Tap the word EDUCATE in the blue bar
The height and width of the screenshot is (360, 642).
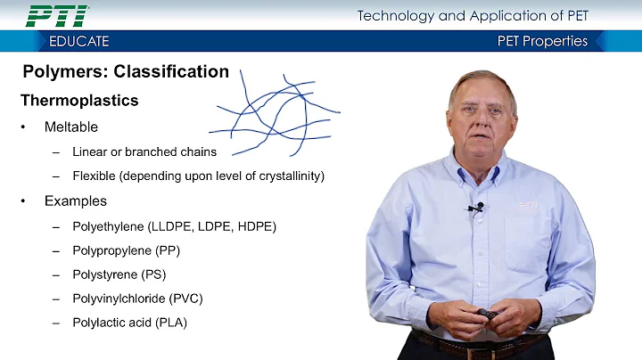pos(79,41)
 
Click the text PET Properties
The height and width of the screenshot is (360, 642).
pos(542,41)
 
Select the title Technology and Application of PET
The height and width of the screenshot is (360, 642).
pos(473,15)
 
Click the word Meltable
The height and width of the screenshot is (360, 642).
pos(71,127)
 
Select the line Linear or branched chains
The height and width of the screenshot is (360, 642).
pos(144,151)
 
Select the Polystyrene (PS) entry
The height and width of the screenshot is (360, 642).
pos(119,274)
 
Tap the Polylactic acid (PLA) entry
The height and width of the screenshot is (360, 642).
pos(130,323)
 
